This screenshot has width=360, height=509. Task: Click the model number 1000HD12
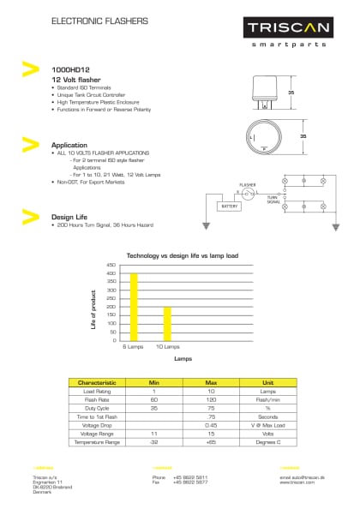coord(71,69)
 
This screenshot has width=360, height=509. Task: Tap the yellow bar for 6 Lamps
coord(135,307)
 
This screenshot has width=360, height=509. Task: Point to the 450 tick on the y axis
coord(111,266)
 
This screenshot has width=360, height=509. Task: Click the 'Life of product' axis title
coord(93,310)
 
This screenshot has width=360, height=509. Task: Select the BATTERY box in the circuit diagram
coord(230,207)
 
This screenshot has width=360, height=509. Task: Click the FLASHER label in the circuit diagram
coord(249,184)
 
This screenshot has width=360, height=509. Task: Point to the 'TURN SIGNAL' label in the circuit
coord(273,200)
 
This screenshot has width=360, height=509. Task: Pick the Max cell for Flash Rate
coord(211,399)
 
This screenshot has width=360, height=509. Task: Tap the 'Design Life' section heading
coord(70,217)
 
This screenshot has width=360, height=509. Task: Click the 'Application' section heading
coord(69,145)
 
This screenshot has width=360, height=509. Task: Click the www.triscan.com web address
coord(297,482)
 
